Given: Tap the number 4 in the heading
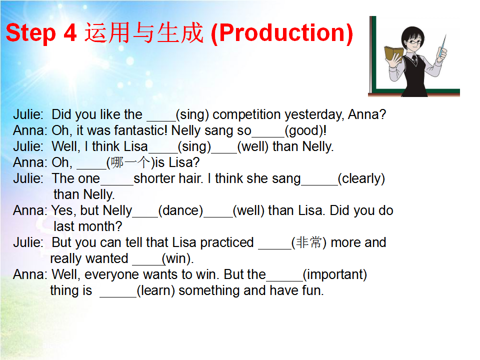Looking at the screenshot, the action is tap(70, 33).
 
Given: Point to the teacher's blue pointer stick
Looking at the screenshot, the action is tap(442, 46).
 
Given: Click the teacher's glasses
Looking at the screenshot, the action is tap(414, 41).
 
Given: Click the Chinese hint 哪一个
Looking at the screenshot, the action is tap(130, 162).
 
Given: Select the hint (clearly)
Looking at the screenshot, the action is tap(361, 179).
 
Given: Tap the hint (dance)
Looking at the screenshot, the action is tap(180, 210).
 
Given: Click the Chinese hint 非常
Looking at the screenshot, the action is tap(309, 242).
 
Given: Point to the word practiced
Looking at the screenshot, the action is tap(227, 243).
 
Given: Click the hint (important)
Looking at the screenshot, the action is tap(334, 275).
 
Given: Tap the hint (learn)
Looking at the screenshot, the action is tap(156, 290).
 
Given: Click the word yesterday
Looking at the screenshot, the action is tap(314, 115).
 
